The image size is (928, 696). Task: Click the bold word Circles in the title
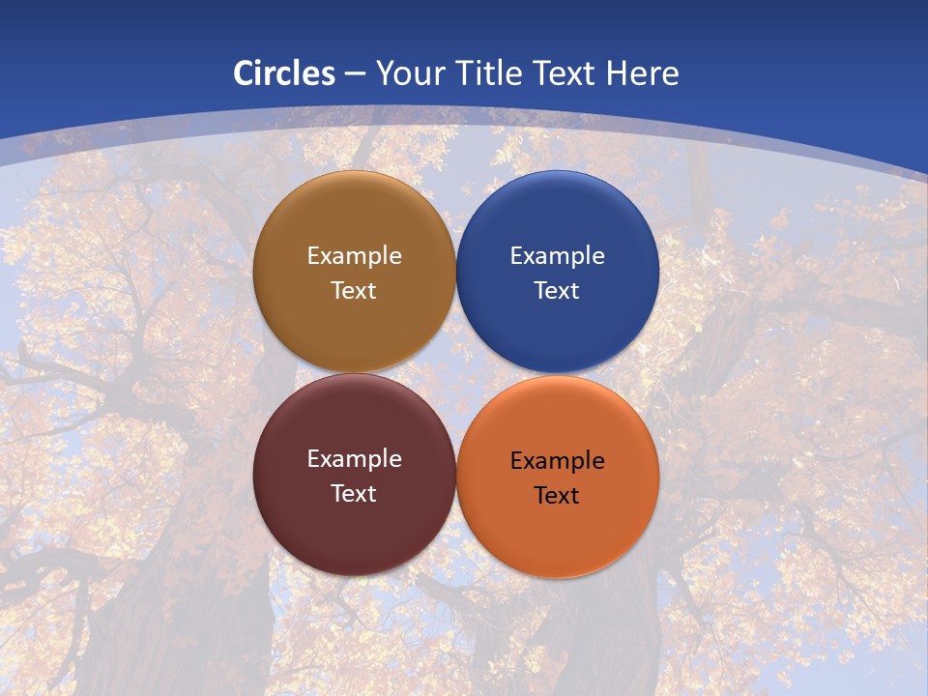284,73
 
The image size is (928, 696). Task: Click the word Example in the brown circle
354,256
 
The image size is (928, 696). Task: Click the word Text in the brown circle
354,290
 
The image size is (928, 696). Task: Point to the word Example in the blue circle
557,256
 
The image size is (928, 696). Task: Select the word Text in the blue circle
557,290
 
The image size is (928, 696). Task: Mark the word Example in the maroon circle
354,459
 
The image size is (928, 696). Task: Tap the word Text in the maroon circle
354,493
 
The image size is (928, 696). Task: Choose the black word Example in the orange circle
557,461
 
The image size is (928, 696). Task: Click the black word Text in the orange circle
557,495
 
